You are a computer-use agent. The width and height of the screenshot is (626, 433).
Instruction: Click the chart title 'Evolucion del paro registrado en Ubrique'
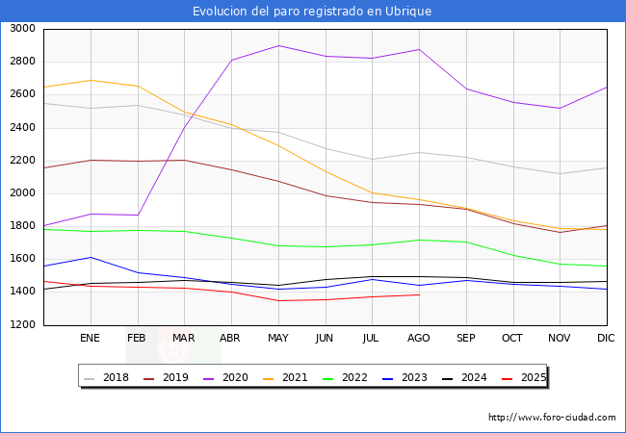(312, 12)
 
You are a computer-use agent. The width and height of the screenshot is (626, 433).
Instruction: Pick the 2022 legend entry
(354, 378)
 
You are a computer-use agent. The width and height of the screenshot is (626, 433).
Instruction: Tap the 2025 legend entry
(533, 378)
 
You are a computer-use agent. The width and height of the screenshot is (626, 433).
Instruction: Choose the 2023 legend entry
(414, 378)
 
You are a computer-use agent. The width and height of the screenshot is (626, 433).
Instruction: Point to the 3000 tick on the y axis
(22, 29)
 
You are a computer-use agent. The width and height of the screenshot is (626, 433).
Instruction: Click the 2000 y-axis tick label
(22, 193)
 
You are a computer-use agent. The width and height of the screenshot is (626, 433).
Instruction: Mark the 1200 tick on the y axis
(22, 325)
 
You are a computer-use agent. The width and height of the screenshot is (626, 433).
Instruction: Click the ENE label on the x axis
(90, 339)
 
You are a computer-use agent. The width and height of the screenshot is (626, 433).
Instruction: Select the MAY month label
(277, 339)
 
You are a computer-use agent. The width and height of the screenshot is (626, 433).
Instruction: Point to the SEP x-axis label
(466, 339)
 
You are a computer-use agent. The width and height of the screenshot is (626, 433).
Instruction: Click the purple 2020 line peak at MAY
(278, 45)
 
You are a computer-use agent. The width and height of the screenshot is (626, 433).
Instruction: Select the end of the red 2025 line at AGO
(419, 294)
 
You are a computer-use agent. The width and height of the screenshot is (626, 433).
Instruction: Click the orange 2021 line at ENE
(90, 80)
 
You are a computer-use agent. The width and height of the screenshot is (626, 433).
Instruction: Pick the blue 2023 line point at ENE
(90, 257)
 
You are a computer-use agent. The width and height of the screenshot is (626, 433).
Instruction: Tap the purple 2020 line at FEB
(137, 215)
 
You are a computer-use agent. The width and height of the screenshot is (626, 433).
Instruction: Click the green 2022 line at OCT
(513, 255)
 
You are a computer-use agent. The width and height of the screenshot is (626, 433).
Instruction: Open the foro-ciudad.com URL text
(552, 418)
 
